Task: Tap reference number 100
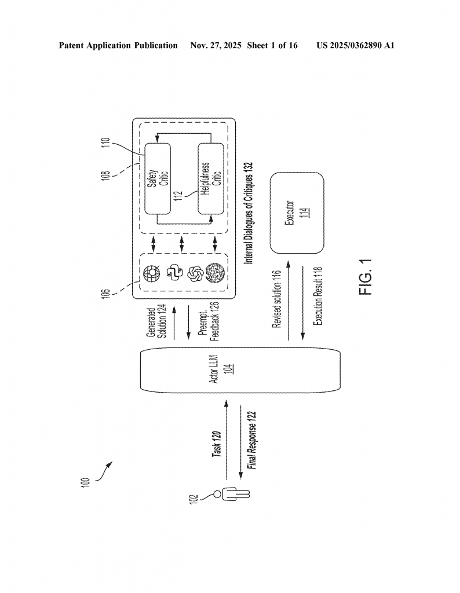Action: [85, 482]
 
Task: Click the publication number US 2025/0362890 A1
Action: [355, 45]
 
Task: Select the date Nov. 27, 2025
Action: [215, 45]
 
